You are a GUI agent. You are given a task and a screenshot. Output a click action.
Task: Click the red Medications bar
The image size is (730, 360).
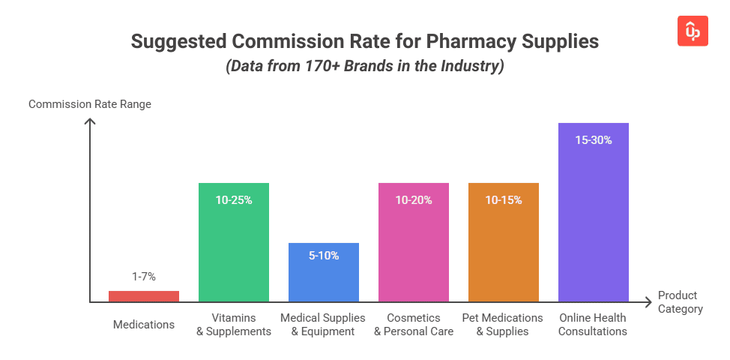pos(144,296)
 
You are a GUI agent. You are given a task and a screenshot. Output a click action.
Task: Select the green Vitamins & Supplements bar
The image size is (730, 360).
pos(234,247)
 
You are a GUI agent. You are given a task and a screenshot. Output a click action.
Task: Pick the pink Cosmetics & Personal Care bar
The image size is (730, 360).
pos(414,247)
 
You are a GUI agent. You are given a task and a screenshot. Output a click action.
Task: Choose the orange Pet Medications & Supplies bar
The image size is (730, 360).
pos(504,247)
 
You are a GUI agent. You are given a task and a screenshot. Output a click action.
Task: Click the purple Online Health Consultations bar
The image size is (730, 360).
pos(594,217)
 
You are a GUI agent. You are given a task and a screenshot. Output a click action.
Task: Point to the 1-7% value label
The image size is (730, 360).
pos(144,277)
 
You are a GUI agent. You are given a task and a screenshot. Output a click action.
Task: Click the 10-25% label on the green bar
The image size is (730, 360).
pos(234,200)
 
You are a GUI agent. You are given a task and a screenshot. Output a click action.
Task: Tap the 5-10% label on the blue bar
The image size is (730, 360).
pos(324,256)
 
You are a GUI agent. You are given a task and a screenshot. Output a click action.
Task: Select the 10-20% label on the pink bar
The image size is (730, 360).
pos(414,200)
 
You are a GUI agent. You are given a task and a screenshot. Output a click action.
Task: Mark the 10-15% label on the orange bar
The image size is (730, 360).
pos(504,200)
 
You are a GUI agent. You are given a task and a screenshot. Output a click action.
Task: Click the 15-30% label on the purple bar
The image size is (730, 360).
pos(594,139)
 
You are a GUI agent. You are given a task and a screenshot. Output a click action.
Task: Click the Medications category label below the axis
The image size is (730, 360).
pos(144,325)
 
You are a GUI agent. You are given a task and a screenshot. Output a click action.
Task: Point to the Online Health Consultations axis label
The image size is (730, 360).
pos(594,325)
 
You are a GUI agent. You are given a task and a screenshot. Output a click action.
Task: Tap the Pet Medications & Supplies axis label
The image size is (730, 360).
pos(504,325)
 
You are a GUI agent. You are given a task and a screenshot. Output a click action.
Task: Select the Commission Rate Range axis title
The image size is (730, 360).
pos(90,104)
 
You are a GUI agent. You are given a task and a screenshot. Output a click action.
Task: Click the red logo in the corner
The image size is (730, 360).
pos(693,30)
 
